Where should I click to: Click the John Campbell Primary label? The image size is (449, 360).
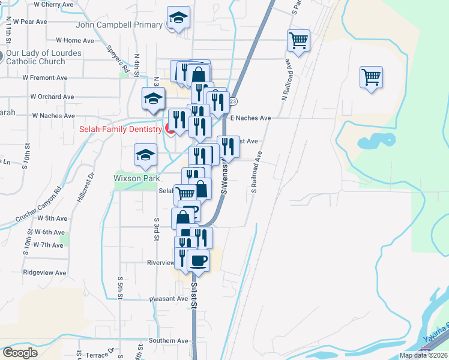point(119,25)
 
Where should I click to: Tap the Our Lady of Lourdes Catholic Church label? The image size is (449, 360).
point(44,57)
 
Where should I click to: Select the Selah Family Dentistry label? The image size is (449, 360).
point(120,129)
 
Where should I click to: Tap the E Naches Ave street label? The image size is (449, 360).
point(250,118)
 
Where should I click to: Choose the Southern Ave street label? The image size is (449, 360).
point(169,341)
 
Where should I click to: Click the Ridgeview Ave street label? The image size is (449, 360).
point(43,272)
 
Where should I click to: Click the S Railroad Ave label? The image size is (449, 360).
point(257,172)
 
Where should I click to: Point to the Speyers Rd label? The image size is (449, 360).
point(118,59)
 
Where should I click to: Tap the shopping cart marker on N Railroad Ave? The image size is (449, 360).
point(298,41)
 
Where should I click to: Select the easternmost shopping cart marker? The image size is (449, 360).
point(372,77)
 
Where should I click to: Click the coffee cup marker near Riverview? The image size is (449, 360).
point(198,260)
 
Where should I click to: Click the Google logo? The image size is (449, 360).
point(20,353)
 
